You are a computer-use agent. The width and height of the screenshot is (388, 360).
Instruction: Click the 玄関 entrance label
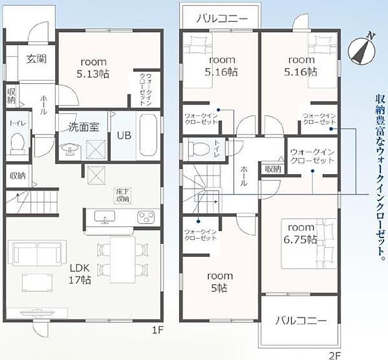36,59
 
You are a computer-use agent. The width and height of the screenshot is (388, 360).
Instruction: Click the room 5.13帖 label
93,67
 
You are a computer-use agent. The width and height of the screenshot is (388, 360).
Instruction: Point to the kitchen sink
105,217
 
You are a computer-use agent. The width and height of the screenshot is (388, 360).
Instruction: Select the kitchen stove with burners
146,217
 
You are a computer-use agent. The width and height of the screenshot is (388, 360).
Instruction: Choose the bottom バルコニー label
301,321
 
